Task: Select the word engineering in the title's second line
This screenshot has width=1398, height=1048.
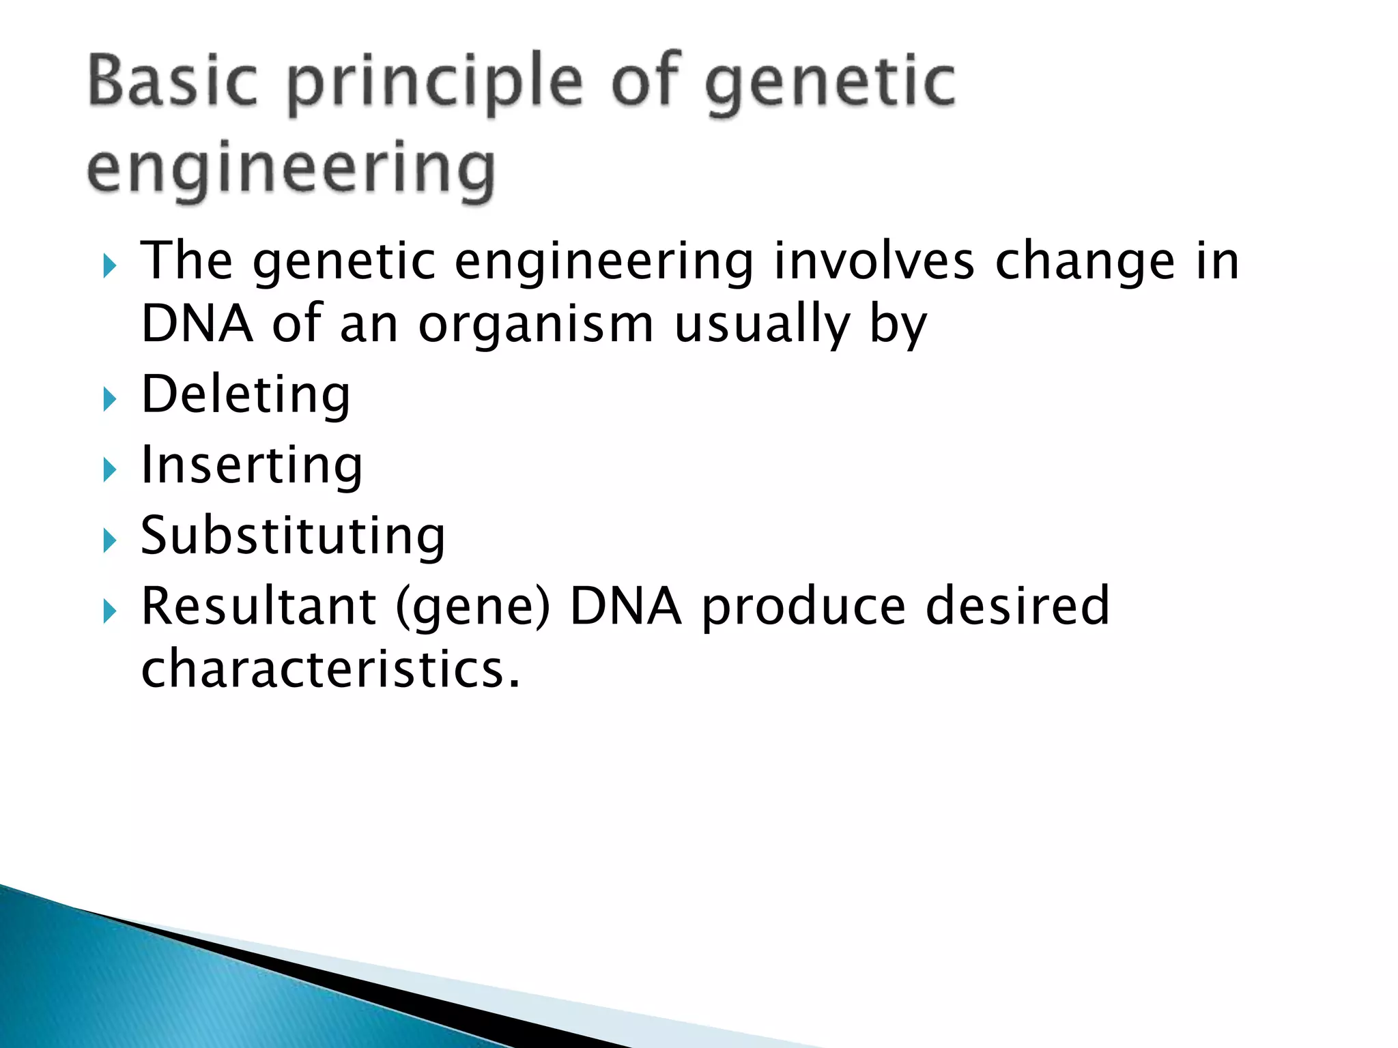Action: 291,169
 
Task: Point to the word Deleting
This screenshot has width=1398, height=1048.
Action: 246,396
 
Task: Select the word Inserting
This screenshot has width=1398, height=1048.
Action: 252,466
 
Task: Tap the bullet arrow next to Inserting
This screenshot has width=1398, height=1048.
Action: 110,470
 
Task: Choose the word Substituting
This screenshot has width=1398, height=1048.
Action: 293,536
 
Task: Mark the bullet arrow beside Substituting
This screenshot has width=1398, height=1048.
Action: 110,541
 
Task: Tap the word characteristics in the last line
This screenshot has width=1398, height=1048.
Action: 330,669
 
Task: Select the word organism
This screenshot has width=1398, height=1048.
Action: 536,325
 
